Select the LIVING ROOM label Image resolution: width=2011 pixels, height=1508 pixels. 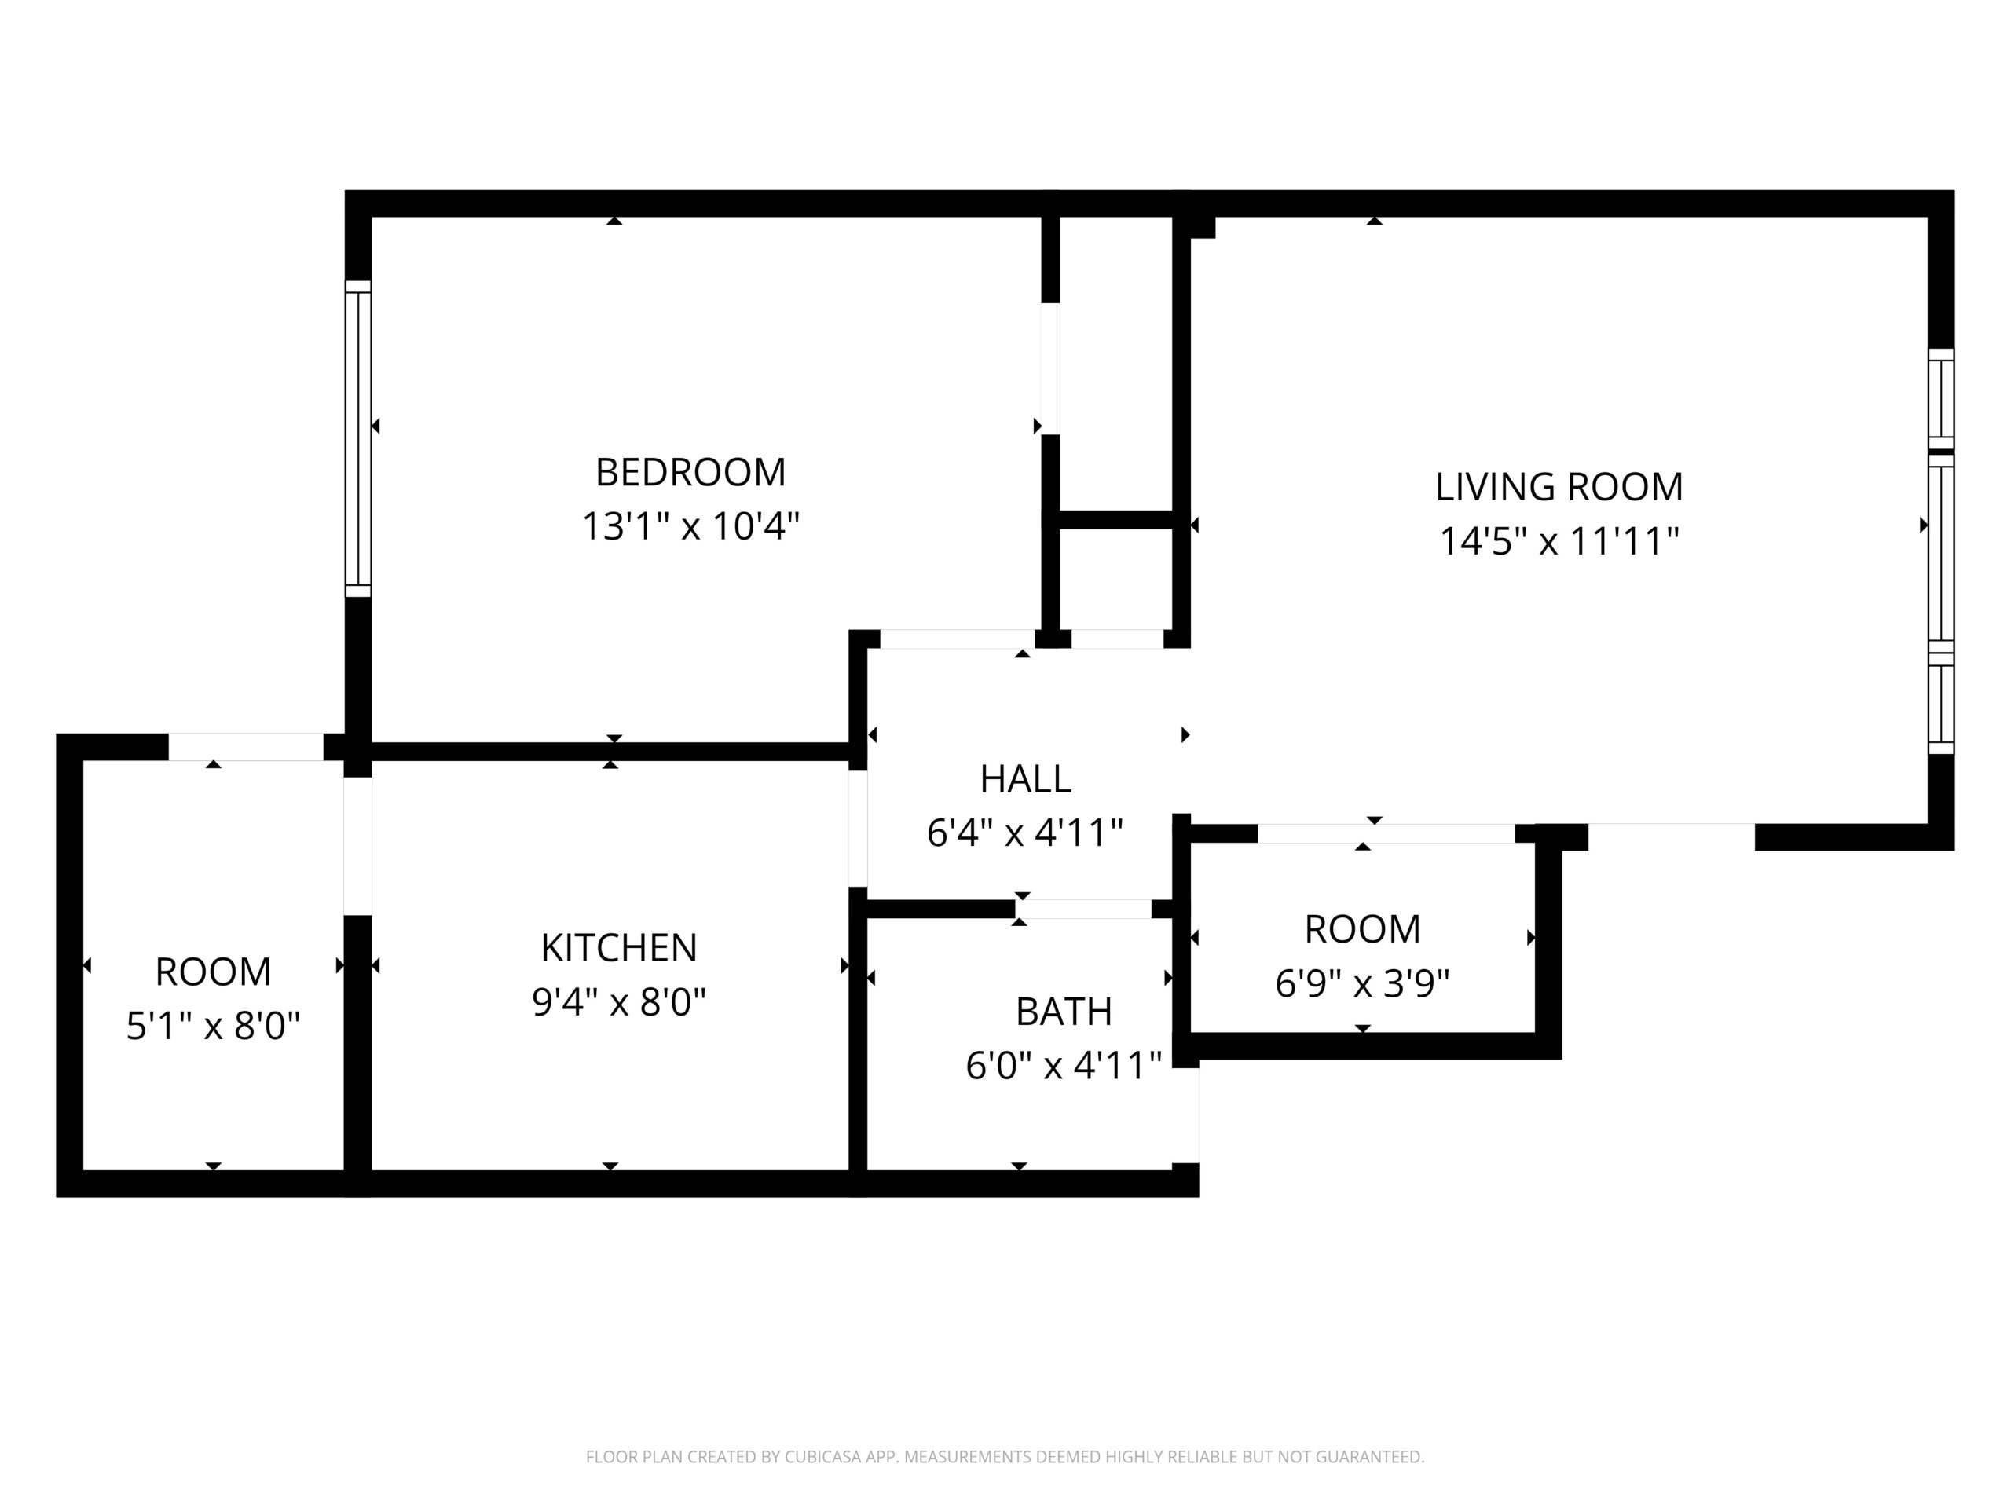point(1559,487)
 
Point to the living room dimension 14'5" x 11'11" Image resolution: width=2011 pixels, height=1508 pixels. point(1559,541)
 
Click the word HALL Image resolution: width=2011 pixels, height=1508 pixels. point(1025,779)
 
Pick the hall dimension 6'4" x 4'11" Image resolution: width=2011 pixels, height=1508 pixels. point(1025,833)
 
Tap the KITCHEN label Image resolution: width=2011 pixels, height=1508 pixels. point(618,948)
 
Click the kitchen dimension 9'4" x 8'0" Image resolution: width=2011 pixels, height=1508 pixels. point(618,1001)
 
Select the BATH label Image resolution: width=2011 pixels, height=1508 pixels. point(1064,1012)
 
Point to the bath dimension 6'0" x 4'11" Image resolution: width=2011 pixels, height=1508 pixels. point(1064,1065)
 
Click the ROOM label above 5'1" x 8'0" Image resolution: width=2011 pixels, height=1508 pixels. point(213,972)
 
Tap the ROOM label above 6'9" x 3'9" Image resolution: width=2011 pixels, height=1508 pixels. point(1362,929)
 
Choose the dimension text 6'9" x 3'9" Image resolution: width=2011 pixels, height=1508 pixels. point(1362,983)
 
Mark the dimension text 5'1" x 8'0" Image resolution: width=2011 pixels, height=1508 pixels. point(213,1027)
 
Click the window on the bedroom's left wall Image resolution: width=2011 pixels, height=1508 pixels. point(358,439)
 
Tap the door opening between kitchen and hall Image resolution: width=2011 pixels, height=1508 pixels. point(857,828)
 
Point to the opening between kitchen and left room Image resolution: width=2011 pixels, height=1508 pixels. point(358,846)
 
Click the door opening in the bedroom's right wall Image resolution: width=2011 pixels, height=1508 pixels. point(1050,368)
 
